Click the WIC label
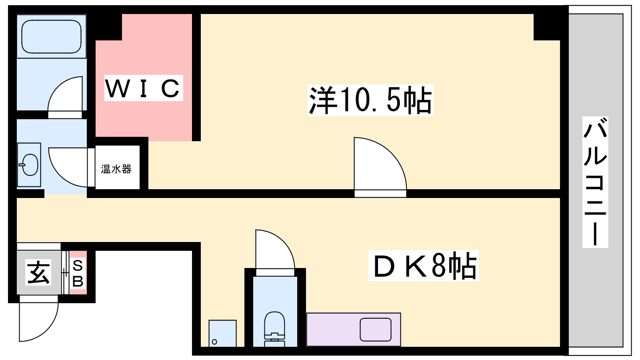[144, 88]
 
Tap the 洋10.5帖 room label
[370, 100]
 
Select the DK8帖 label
[423, 266]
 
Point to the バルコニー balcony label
[595, 182]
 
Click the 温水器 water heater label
[116, 169]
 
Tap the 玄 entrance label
[38, 272]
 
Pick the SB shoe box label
[78, 273]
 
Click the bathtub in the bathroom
[52, 36]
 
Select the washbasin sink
[29, 165]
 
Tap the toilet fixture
[274, 328]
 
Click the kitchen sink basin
[376, 330]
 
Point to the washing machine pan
[222, 333]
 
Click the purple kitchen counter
[354, 330]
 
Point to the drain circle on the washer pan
[214, 342]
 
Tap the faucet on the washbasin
[22, 165]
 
